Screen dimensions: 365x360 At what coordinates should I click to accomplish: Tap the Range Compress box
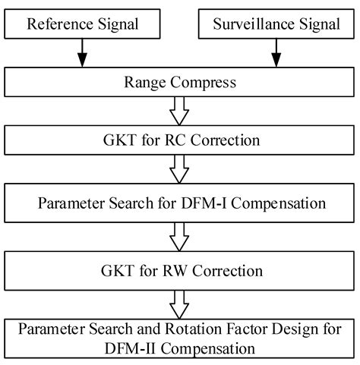tap(180, 80)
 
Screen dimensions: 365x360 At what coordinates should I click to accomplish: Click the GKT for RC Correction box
tap(180, 140)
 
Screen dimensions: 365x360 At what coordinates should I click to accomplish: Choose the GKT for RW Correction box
tap(180, 269)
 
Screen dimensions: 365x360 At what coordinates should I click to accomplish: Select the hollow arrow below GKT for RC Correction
tap(180, 171)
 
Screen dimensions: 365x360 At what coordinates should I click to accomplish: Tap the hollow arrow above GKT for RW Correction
tap(180, 237)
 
